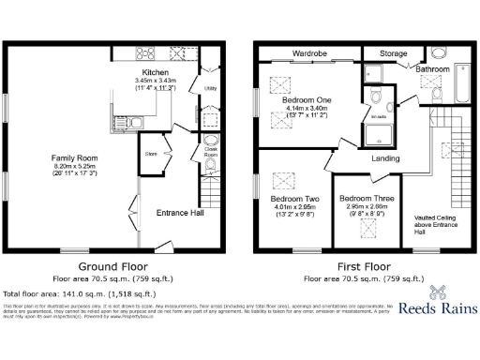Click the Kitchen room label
coord(155,72)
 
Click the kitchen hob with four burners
coord(147,52)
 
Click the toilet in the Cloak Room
coord(210,165)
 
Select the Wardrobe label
coord(308,53)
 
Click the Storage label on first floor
coord(394,53)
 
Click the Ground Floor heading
coord(114,266)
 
